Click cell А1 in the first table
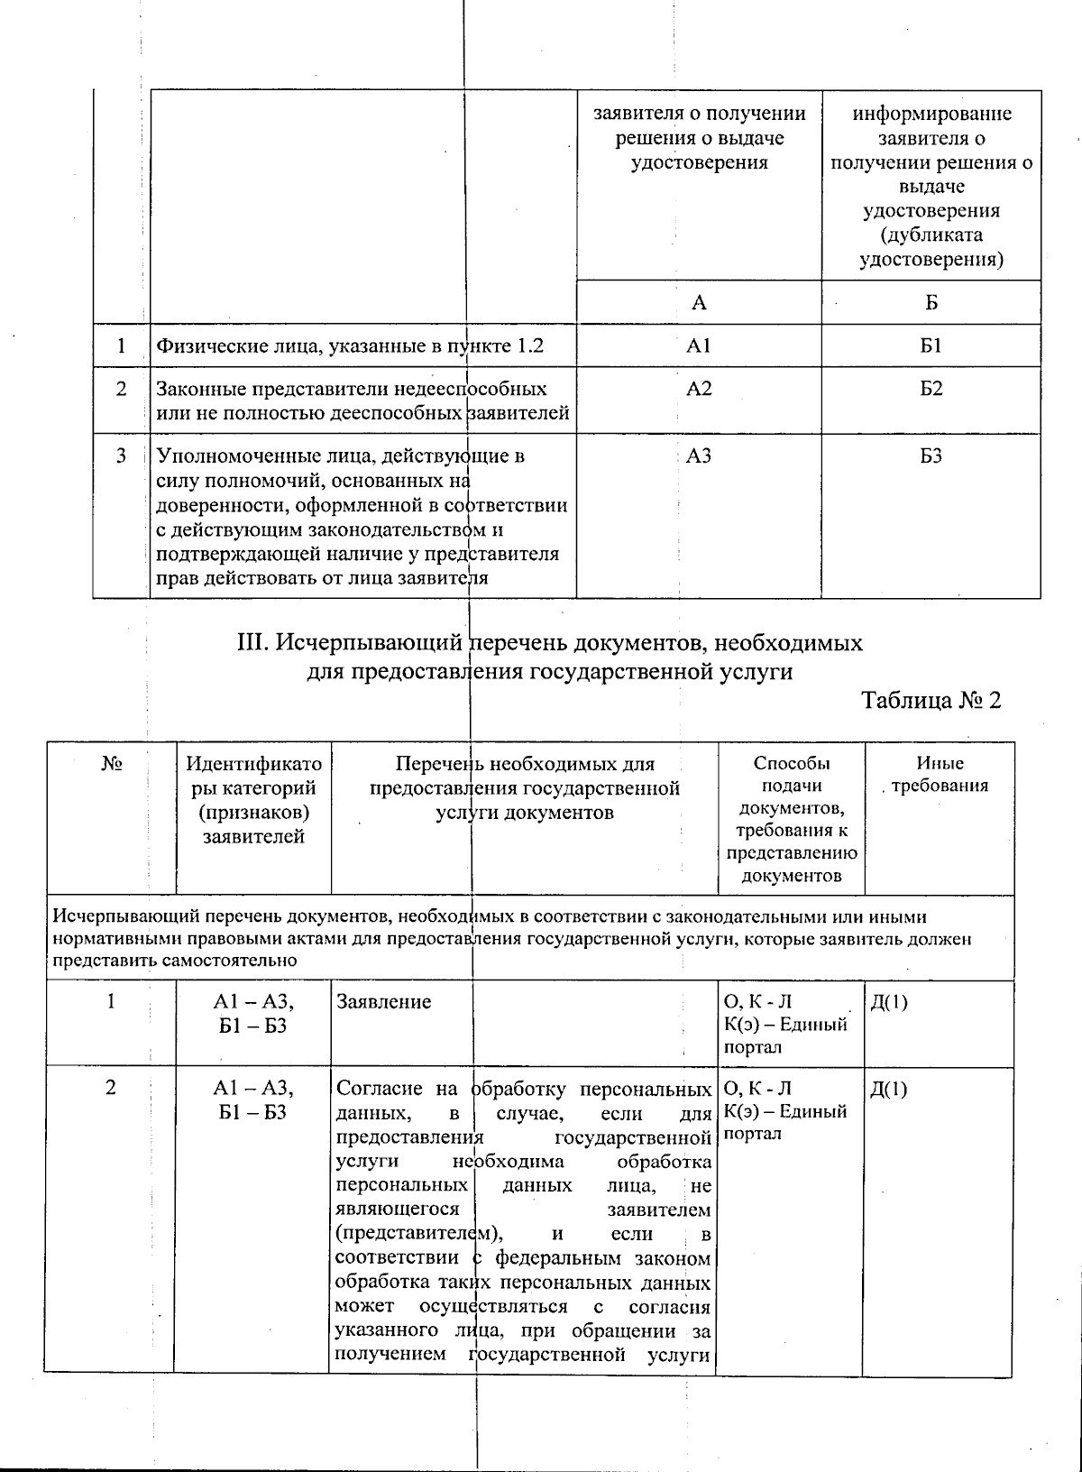pyautogui.click(x=699, y=346)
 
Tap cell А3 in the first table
pyautogui.click(x=699, y=456)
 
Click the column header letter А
pyautogui.click(x=699, y=303)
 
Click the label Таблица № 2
pyautogui.click(x=931, y=701)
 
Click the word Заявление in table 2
pyautogui.click(x=383, y=1001)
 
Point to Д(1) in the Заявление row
pyautogui.click(x=889, y=1001)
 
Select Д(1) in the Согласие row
pyautogui.click(x=889, y=1089)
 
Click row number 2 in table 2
pyautogui.click(x=111, y=1088)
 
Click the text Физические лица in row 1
pyautogui.click(x=220, y=346)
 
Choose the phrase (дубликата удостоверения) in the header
pyautogui.click(x=931, y=247)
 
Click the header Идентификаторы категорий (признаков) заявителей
pyautogui.click(x=253, y=799)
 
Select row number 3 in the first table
pyautogui.click(x=121, y=456)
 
